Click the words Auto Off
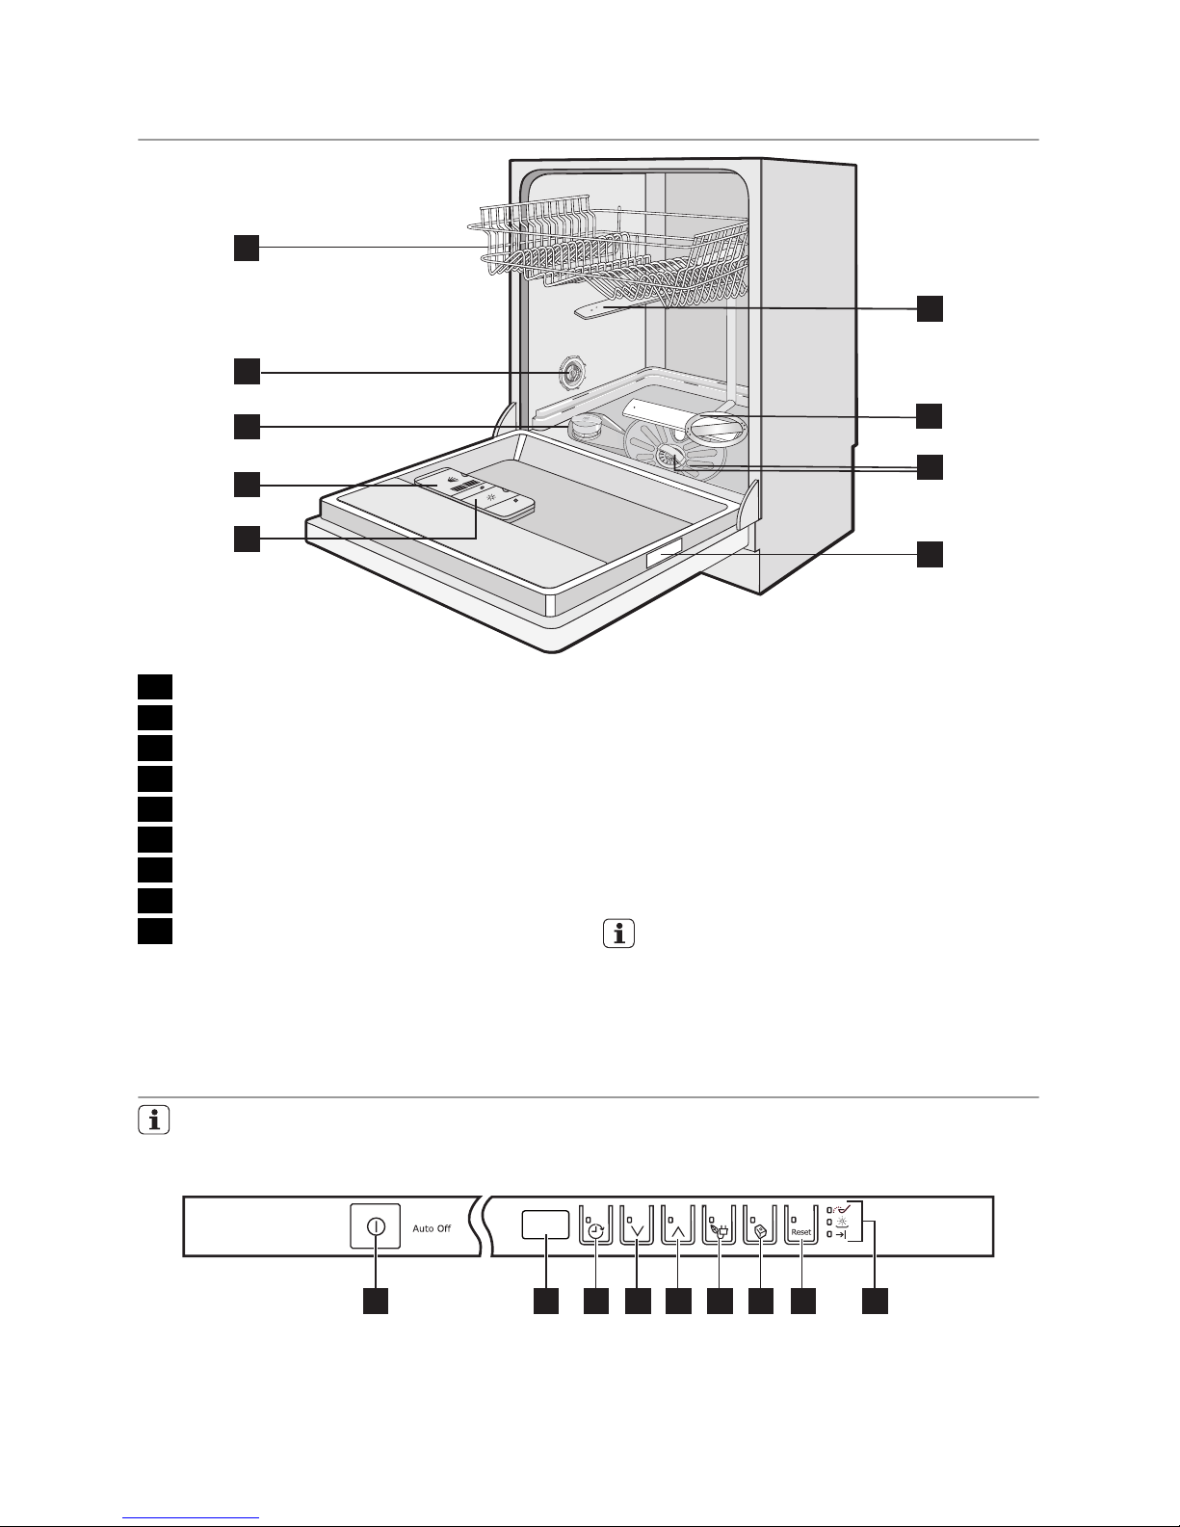point(432,1228)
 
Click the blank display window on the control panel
point(545,1224)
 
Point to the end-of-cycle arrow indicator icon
point(841,1234)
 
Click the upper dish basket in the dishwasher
point(608,253)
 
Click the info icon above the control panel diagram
point(154,1120)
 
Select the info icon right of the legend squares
point(618,934)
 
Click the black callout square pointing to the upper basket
point(247,248)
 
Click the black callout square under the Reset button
point(803,1301)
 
